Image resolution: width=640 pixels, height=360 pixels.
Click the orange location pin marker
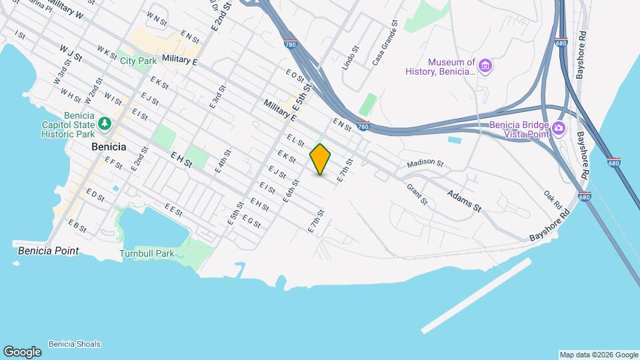coord(320,159)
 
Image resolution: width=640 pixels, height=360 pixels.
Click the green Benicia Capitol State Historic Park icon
coord(104,123)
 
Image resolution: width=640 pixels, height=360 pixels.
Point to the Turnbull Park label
coord(147,253)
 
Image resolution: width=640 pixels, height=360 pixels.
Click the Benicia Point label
coord(48,251)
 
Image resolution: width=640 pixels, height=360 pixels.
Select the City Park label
coord(138,61)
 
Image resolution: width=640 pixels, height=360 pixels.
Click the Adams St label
coord(464,199)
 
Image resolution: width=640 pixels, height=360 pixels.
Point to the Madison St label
coord(425,163)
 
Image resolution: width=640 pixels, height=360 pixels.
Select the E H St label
coord(181,159)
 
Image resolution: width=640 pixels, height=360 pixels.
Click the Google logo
coord(22,352)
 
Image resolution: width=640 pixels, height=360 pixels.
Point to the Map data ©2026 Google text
coord(598,355)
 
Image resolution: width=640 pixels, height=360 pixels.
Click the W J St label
coord(69,53)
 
